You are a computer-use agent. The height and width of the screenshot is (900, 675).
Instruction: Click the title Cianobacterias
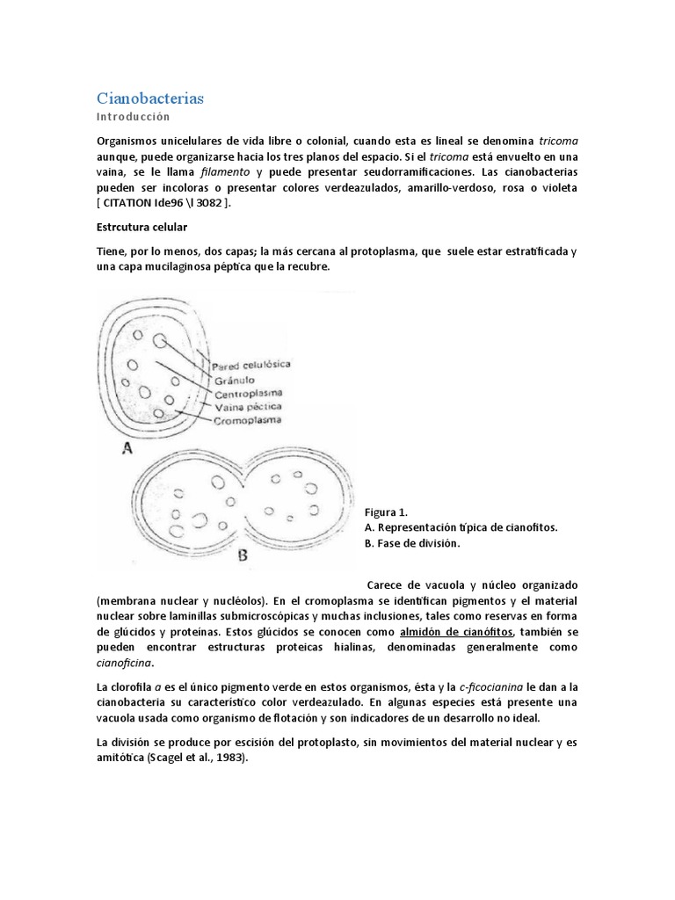pyautogui.click(x=149, y=98)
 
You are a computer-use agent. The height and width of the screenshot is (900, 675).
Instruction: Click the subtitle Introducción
pyautogui.click(x=133, y=117)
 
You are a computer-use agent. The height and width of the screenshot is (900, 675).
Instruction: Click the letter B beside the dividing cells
pyautogui.click(x=243, y=555)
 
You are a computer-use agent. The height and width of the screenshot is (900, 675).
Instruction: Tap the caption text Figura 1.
pyautogui.click(x=386, y=512)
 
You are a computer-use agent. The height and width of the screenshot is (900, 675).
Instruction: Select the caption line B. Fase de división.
pyautogui.click(x=411, y=543)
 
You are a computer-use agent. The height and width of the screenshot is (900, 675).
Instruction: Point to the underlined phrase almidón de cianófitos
pyautogui.click(x=455, y=632)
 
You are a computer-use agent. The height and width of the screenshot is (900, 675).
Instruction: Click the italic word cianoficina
pyautogui.click(x=125, y=663)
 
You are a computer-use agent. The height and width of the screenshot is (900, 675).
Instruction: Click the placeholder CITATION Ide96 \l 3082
pyautogui.click(x=166, y=204)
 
